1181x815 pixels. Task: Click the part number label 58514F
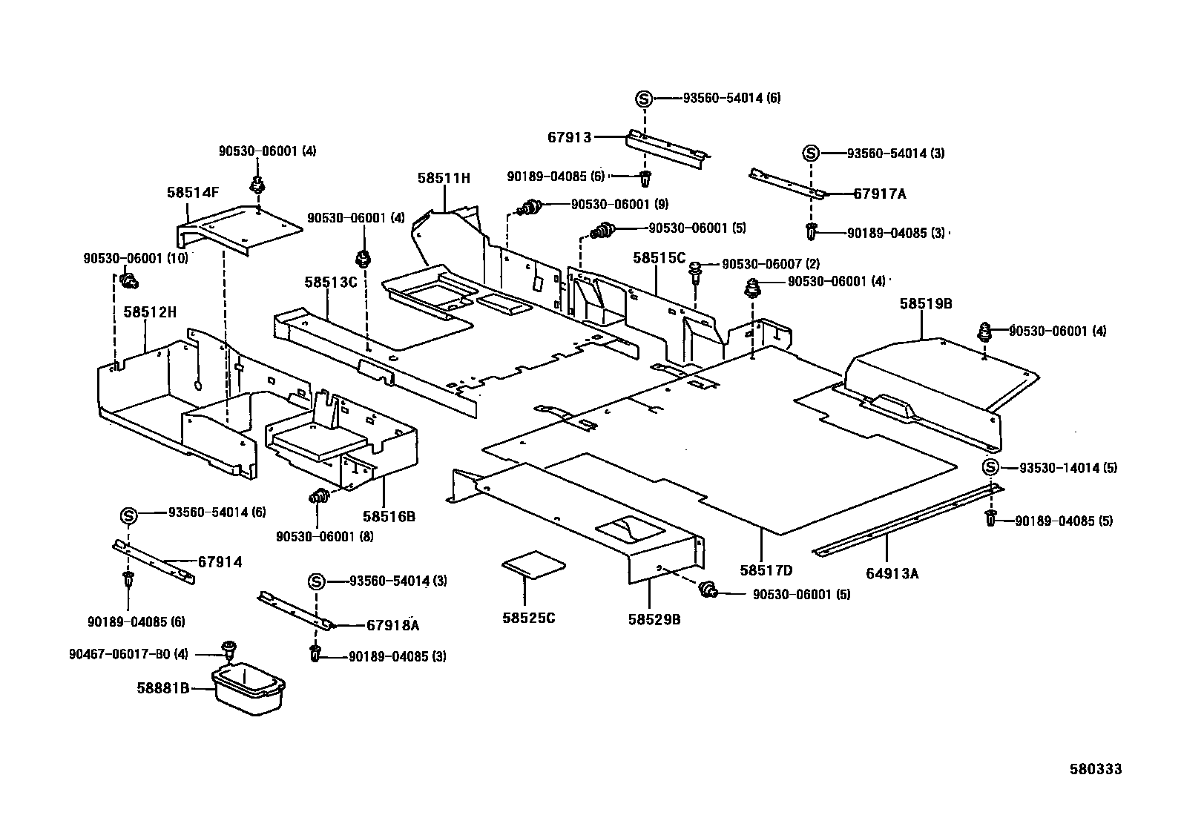(x=193, y=192)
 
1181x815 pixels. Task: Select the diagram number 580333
(x=1095, y=769)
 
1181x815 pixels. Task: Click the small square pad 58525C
(x=532, y=566)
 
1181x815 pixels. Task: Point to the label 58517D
(x=766, y=570)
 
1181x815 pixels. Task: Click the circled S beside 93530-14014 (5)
(x=990, y=467)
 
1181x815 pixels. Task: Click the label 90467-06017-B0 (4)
(x=129, y=654)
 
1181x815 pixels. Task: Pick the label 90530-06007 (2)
(x=771, y=264)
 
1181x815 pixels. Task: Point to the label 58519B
(x=926, y=303)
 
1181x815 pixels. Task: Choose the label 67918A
(x=392, y=625)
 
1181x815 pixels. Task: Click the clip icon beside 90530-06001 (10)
(x=130, y=280)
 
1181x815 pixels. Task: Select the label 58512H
(x=150, y=312)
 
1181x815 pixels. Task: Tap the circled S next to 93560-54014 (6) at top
(x=644, y=98)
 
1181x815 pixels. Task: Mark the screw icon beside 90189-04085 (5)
(x=990, y=518)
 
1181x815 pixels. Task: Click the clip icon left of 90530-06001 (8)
(x=319, y=497)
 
